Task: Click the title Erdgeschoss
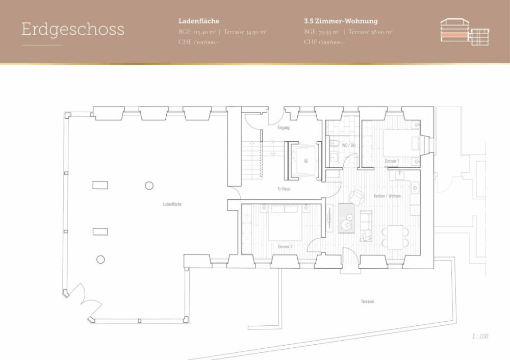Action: click(72, 29)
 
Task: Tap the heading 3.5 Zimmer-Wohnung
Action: click(340, 21)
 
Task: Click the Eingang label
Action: click(284, 127)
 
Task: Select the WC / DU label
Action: click(349, 145)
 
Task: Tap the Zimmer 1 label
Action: click(391, 161)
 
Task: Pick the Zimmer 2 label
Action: click(285, 247)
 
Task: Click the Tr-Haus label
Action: click(284, 188)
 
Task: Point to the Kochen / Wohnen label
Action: click(387, 196)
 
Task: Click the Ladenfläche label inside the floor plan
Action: click(172, 204)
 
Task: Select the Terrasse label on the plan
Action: click(367, 301)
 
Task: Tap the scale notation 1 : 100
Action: click(480, 336)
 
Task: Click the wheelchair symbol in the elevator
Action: click(305, 160)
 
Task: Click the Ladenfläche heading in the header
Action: click(199, 21)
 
